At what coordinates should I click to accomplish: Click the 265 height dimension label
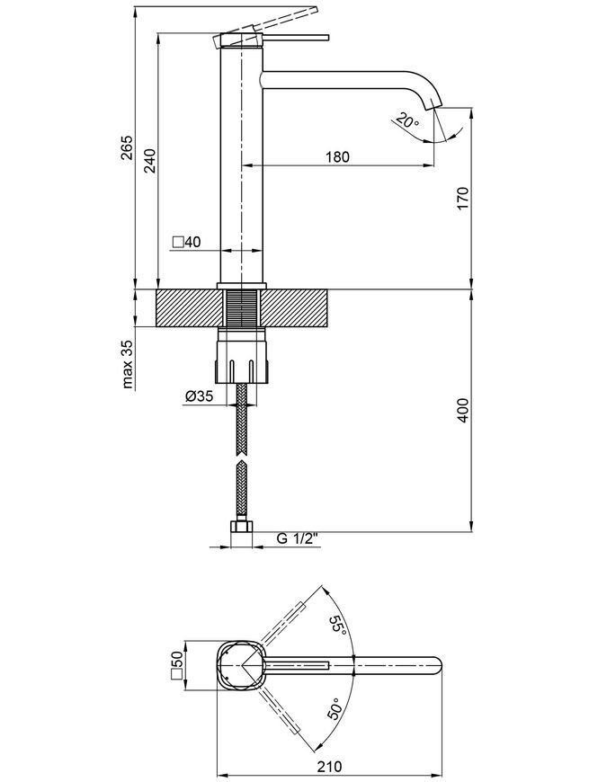click(x=127, y=147)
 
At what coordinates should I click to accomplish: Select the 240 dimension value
click(x=150, y=160)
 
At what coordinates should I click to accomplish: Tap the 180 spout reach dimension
click(x=337, y=156)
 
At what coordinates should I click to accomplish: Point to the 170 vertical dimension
click(x=462, y=199)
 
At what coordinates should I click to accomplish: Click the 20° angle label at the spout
click(x=408, y=121)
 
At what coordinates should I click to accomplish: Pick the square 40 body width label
click(x=186, y=243)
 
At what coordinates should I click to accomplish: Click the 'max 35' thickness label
click(x=128, y=364)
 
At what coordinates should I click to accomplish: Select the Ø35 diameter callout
click(x=199, y=396)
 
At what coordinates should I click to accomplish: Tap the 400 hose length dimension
click(x=462, y=410)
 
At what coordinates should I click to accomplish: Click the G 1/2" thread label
click(x=298, y=538)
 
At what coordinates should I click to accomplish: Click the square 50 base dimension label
click(x=177, y=666)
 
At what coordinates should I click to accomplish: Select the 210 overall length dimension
click(x=330, y=766)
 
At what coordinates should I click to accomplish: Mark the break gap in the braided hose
click(x=242, y=458)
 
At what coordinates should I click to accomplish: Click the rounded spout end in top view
click(x=437, y=666)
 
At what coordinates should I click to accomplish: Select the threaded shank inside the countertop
click(x=243, y=308)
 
